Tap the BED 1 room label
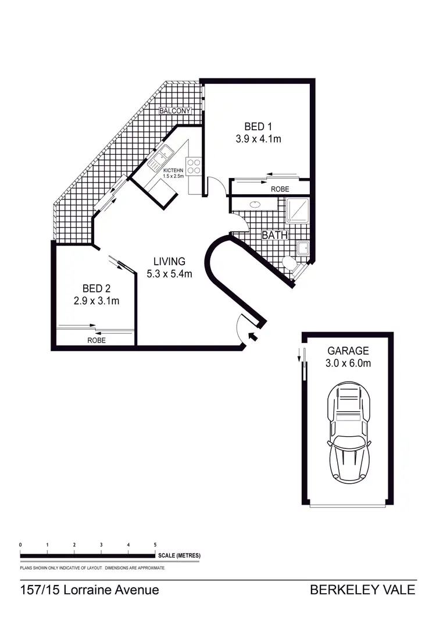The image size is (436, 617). [x=258, y=126]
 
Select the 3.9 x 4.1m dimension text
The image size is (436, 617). [x=258, y=139]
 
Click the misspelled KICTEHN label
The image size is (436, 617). [x=173, y=170]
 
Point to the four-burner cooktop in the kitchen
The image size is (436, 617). [x=194, y=166]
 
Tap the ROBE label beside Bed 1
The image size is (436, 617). [x=280, y=190]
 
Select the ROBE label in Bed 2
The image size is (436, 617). [x=97, y=340]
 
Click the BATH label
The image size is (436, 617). [x=274, y=236]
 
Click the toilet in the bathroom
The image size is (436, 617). [x=291, y=265]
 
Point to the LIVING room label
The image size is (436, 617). [x=169, y=261]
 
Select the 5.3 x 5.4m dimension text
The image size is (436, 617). [x=169, y=274]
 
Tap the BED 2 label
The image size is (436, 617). [x=96, y=288]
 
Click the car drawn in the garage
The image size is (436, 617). [x=348, y=433]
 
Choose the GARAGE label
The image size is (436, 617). [x=348, y=351]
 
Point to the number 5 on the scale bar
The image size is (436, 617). [x=155, y=544]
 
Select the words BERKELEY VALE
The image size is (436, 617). [x=363, y=590]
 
